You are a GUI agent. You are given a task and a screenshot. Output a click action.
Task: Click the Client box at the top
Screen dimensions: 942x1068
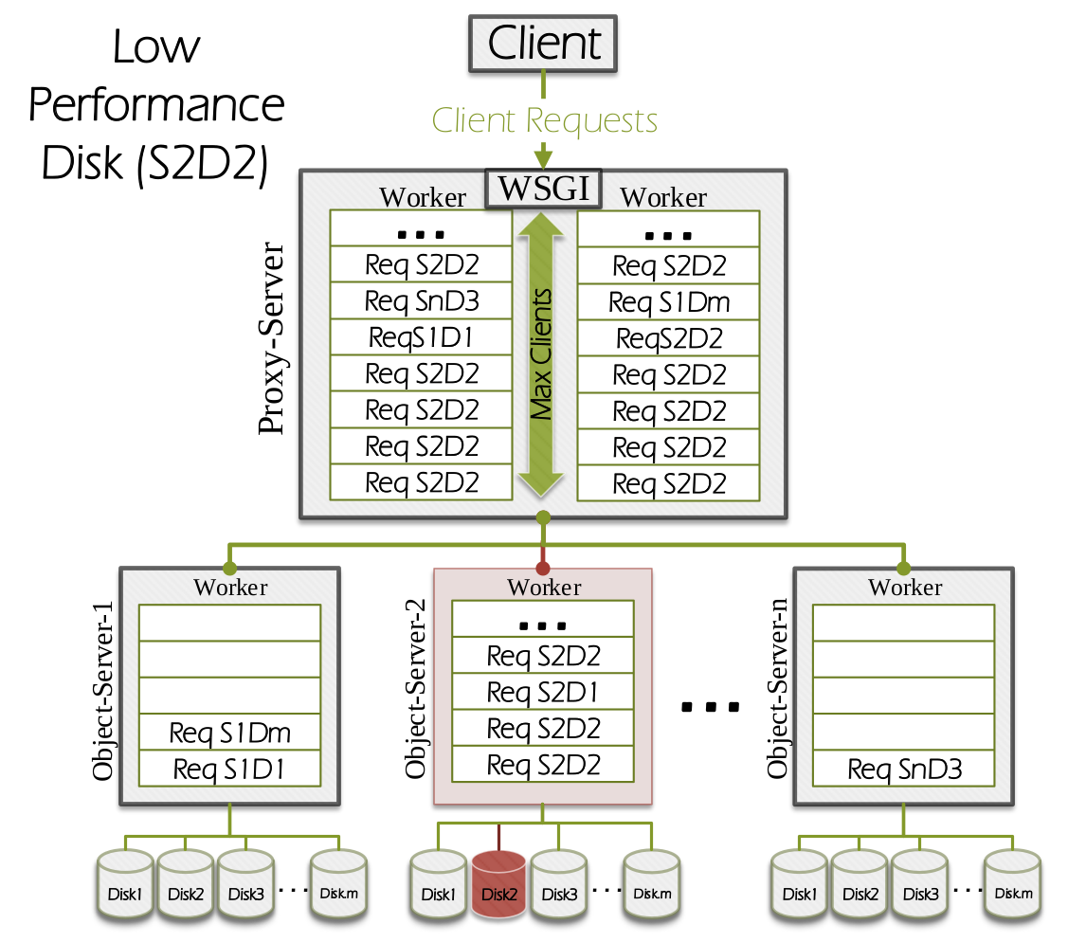point(543,44)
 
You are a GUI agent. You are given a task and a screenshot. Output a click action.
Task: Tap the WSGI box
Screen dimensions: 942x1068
point(543,188)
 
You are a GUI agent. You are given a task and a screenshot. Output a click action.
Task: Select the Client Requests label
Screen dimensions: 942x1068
point(544,121)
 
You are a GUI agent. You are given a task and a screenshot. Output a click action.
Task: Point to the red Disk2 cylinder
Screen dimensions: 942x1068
point(498,883)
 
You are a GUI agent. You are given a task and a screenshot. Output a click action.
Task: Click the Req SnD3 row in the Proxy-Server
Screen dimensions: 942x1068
point(422,301)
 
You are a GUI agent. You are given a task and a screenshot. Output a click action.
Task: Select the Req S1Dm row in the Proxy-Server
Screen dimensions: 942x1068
point(669,302)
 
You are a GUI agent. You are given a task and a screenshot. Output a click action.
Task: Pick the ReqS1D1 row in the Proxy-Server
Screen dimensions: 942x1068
point(422,337)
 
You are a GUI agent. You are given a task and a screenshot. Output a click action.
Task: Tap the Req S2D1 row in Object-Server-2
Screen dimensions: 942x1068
point(543,692)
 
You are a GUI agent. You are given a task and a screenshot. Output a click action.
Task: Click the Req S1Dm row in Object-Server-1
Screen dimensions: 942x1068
point(230,732)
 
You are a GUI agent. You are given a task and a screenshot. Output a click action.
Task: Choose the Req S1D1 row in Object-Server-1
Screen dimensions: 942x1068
point(230,769)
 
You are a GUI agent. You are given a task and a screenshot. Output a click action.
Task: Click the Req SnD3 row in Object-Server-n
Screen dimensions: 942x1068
point(904,769)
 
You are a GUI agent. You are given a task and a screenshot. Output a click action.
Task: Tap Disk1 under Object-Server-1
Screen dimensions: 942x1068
point(125,883)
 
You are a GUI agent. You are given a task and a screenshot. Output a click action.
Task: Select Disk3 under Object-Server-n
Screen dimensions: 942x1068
point(920,883)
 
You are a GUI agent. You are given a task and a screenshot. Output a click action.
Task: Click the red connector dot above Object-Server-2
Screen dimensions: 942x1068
point(543,569)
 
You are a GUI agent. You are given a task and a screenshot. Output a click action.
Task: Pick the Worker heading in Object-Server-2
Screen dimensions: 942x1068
point(543,588)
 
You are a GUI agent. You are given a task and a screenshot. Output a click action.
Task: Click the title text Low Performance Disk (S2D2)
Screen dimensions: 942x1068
point(156,104)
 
